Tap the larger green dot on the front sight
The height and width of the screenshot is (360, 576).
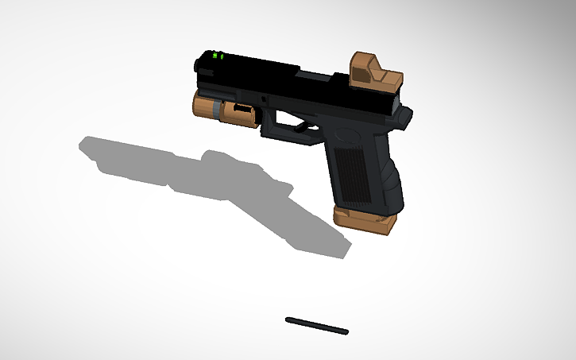tap(215, 56)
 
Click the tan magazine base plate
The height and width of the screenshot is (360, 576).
tap(365, 220)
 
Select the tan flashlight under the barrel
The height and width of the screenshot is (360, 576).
tap(226, 110)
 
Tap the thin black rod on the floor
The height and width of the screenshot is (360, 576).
tap(316, 324)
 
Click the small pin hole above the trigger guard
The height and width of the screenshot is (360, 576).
tap(263, 98)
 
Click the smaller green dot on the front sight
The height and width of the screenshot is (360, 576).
tap(222, 56)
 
